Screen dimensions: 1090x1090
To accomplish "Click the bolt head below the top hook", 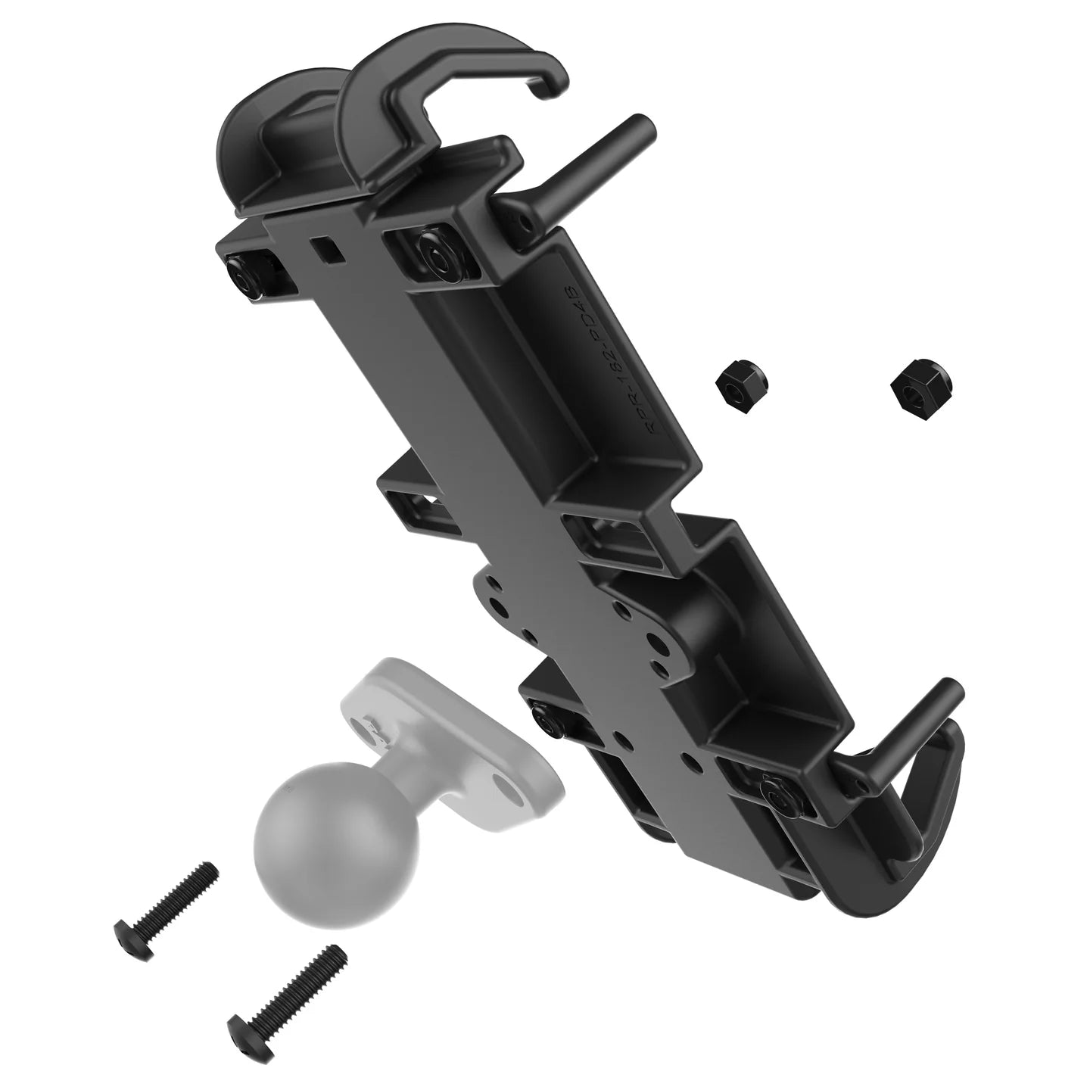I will click(436, 257).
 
